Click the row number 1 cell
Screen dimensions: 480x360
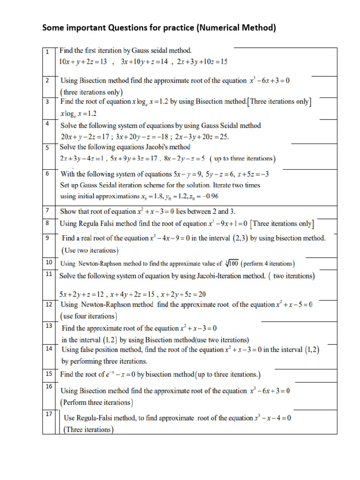click(x=47, y=51)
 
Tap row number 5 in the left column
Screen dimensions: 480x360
click(x=47, y=148)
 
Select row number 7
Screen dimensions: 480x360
click(x=47, y=210)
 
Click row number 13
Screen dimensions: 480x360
click(x=49, y=326)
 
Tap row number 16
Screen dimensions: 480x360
click(x=49, y=386)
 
